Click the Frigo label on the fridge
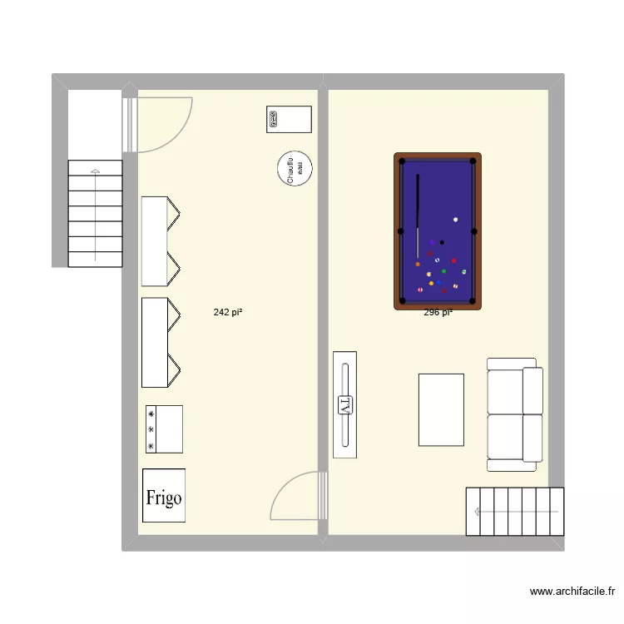click(164, 498)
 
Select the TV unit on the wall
click(345, 404)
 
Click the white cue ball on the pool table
click(456, 220)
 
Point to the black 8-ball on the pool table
click(442, 243)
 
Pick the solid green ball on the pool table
click(443, 271)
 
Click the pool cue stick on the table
click(418, 216)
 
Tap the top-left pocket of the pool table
click(402, 161)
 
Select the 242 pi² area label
click(228, 313)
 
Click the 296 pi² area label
click(438, 313)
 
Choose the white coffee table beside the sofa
click(441, 409)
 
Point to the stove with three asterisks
click(163, 429)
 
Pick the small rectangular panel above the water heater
click(289, 119)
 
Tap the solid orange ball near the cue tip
click(418, 264)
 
